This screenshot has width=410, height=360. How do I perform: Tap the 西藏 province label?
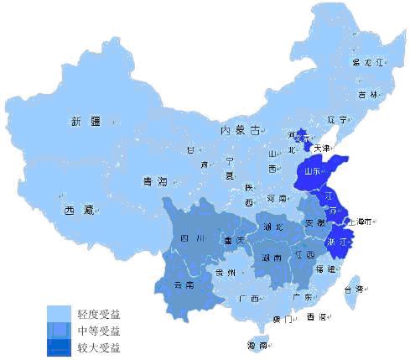point(77,211)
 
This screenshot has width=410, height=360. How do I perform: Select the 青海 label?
point(156,180)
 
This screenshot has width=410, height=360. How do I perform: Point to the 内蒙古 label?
point(241,130)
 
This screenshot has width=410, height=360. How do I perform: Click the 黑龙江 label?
point(366,63)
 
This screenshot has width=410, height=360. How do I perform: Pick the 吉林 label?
point(366,95)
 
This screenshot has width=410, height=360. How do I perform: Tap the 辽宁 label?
point(337,119)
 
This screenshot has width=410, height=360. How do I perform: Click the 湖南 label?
point(272,258)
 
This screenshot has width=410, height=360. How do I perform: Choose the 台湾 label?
point(355,288)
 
